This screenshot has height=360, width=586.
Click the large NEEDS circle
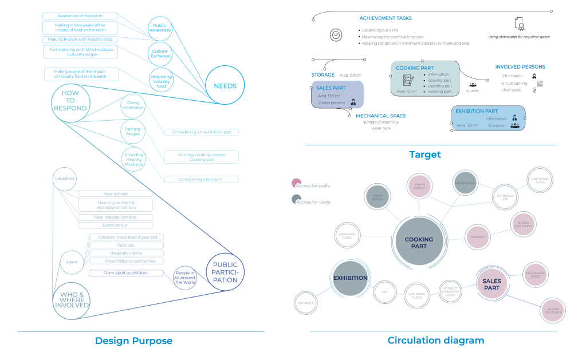point(225,86)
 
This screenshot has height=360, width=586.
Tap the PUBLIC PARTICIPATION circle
point(225,272)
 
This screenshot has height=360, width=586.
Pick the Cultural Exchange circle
point(160,53)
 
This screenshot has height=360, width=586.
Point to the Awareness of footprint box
point(80,15)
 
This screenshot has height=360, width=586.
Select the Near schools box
point(115,194)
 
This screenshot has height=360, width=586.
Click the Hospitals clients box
point(126,253)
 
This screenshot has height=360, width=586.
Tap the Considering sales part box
point(200,179)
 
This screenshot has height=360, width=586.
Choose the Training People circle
point(132,132)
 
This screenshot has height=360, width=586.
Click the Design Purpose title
point(133,341)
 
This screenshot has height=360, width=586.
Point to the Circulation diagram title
point(435,341)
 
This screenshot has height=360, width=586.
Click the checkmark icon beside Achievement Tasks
point(336,34)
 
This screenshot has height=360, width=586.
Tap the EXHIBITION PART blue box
point(487,118)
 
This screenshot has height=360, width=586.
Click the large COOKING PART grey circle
point(419,243)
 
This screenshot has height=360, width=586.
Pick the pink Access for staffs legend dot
point(296,184)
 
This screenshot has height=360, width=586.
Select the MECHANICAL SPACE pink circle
point(536,274)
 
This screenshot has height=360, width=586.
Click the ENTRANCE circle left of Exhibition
point(306,303)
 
